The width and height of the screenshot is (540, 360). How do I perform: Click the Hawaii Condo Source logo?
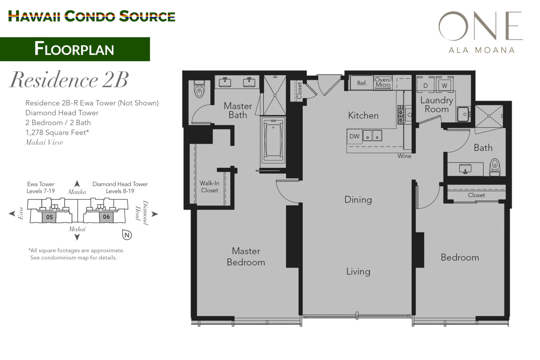(91, 16)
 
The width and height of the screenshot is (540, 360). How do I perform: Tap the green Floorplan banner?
(75, 49)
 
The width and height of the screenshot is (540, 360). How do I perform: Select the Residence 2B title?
(69, 80)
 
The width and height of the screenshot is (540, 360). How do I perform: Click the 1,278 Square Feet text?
(57, 133)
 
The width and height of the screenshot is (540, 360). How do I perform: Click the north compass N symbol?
(127, 235)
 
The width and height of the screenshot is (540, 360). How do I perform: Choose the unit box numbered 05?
(49, 217)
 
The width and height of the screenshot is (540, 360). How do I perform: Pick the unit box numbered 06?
(106, 217)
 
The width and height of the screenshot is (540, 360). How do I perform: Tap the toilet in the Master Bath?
(199, 90)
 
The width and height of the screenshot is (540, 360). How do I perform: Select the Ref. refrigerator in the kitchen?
(362, 83)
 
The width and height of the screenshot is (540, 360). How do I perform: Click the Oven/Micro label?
(383, 83)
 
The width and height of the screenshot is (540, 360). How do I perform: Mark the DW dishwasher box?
(354, 136)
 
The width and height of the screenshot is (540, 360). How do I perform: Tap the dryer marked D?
(425, 85)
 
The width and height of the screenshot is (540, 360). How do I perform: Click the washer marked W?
(444, 85)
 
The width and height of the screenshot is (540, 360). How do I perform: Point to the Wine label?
(404, 156)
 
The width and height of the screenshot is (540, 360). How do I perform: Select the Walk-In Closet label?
(210, 187)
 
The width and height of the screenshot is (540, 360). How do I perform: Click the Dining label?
(358, 200)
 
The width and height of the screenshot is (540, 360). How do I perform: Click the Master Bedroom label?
(246, 257)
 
